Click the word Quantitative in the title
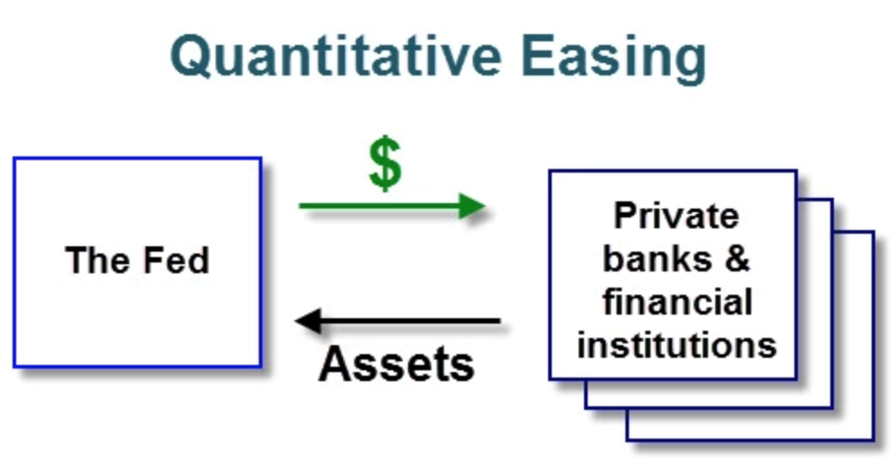336,57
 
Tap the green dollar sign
385,164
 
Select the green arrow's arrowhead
472,206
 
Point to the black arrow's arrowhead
309,321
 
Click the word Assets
396,364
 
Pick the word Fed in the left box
176,261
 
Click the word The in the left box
98,261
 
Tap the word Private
677,216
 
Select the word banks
657,259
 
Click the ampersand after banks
738,259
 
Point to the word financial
677,301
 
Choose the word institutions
677,345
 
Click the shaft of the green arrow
379,206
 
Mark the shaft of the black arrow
411,321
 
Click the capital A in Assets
335,364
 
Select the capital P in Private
625,215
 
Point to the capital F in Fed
151,260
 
